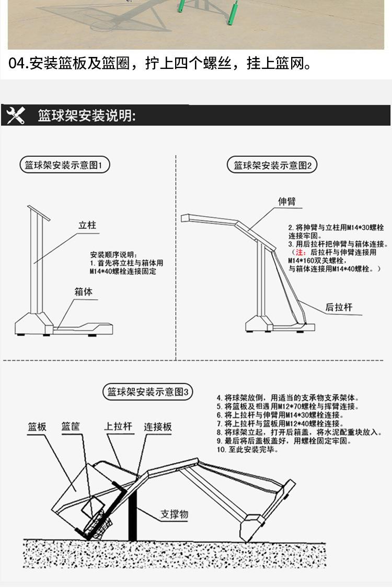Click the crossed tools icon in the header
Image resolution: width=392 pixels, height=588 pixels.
point(16,115)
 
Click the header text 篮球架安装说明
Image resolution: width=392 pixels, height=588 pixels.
point(87,115)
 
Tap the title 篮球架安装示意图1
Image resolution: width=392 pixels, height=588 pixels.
point(65,166)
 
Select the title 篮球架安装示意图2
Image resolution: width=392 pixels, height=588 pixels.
point(272,166)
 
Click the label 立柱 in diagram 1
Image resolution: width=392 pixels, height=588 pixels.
point(87,226)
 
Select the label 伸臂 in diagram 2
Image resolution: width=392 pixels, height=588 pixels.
point(286,202)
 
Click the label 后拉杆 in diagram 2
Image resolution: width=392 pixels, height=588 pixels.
point(339,308)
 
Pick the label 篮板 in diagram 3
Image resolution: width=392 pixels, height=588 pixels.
point(37,427)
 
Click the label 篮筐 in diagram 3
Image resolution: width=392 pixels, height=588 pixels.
point(71,427)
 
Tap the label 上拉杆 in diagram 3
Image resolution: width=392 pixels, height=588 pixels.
point(118,427)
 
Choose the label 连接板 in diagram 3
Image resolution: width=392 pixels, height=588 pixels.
point(158,427)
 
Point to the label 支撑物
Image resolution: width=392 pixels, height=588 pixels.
point(174,514)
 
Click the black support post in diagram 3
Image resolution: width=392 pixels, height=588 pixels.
point(133,517)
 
